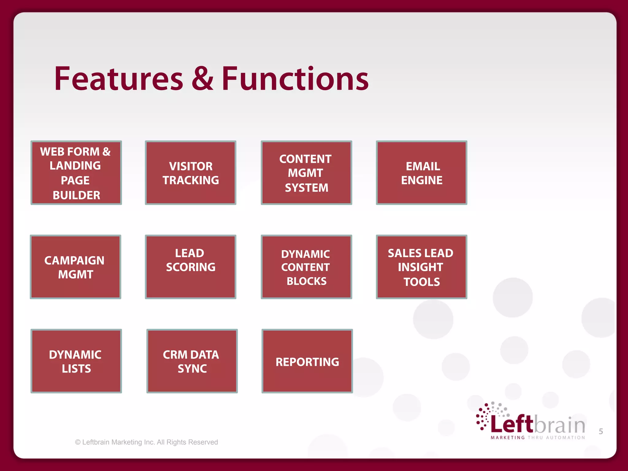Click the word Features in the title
coord(119,79)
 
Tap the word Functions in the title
coord(295,79)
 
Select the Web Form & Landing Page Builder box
coord(76,173)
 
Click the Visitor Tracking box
coord(190,173)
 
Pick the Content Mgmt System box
coord(306,173)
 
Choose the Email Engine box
coord(421,173)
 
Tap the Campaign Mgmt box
coord(75,267)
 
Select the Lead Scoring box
coord(190,267)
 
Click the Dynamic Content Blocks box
coord(306,267)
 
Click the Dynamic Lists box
coord(76,361)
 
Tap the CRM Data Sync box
coord(192,361)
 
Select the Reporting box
coord(307,361)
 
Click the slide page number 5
coord(601,431)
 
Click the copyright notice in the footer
coord(147,442)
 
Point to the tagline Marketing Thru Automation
coord(538,438)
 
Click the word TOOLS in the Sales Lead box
coord(422,282)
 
